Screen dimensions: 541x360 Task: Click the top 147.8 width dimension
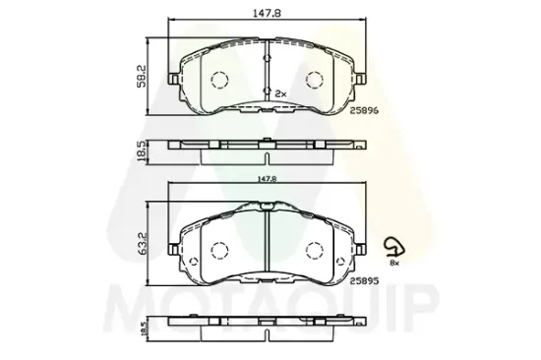pyautogui.click(x=267, y=13)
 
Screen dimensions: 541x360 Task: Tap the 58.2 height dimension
pyautogui.click(x=142, y=76)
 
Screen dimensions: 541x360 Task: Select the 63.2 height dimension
pyautogui.click(x=143, y=243)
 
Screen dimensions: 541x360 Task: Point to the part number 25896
pyautogui.click(x=364, y=110)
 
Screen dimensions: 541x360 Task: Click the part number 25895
pyautogui.click(x=364, y=281)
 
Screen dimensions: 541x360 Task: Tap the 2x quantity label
pyautogui.click(x=280, y=93)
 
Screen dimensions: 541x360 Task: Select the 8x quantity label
pyautogui.click(x=394, y=263)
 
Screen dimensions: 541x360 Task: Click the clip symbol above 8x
pyautogui.click(x=394, y=247)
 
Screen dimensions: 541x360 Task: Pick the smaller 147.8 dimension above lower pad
pyautogui.click(x=267, y=179)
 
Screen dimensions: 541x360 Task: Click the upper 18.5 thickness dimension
pyautogui.click(x=142, y=151)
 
